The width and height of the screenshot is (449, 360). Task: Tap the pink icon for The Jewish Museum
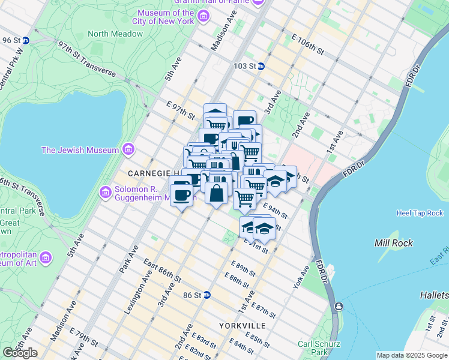pos(127,149)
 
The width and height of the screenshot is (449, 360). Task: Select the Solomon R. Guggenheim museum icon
pos(106,192)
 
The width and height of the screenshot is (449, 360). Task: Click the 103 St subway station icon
pos(261,66)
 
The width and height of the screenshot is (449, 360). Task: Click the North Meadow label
pos(115,34)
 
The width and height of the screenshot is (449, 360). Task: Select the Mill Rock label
pos(391,244)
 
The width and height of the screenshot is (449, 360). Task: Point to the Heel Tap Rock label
pos(420,213)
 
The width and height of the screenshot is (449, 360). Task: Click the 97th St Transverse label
pos(87,59)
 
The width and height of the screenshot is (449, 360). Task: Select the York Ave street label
pos(301,277)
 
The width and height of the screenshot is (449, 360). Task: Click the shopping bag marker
pos(217,193)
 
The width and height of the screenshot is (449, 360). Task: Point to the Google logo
pos(20,353)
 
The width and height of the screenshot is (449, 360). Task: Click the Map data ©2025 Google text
pos(411,355)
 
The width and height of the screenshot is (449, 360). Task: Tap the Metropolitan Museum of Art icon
pos(46,257)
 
